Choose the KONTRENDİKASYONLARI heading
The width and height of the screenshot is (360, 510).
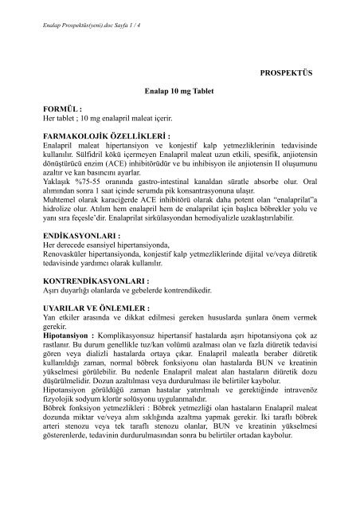pos(100,304)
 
